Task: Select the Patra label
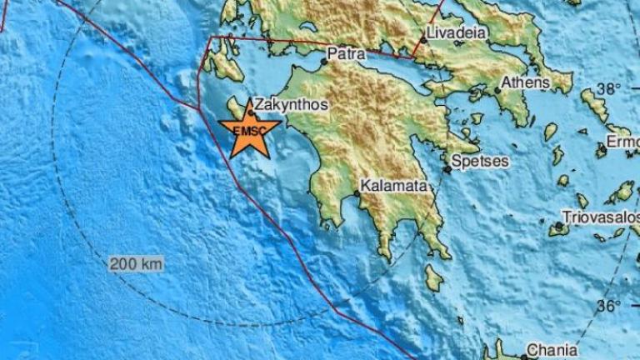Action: (x=343, y=53)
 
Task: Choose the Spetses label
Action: (x=481, y=161)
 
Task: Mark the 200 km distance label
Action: (x=136, y=263)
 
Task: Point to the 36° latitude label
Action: (x=608, y=306)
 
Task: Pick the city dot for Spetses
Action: (x=447, y=169)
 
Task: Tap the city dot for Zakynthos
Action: (x=250, y=112)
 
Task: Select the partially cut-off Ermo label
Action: (x=626, y=143)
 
